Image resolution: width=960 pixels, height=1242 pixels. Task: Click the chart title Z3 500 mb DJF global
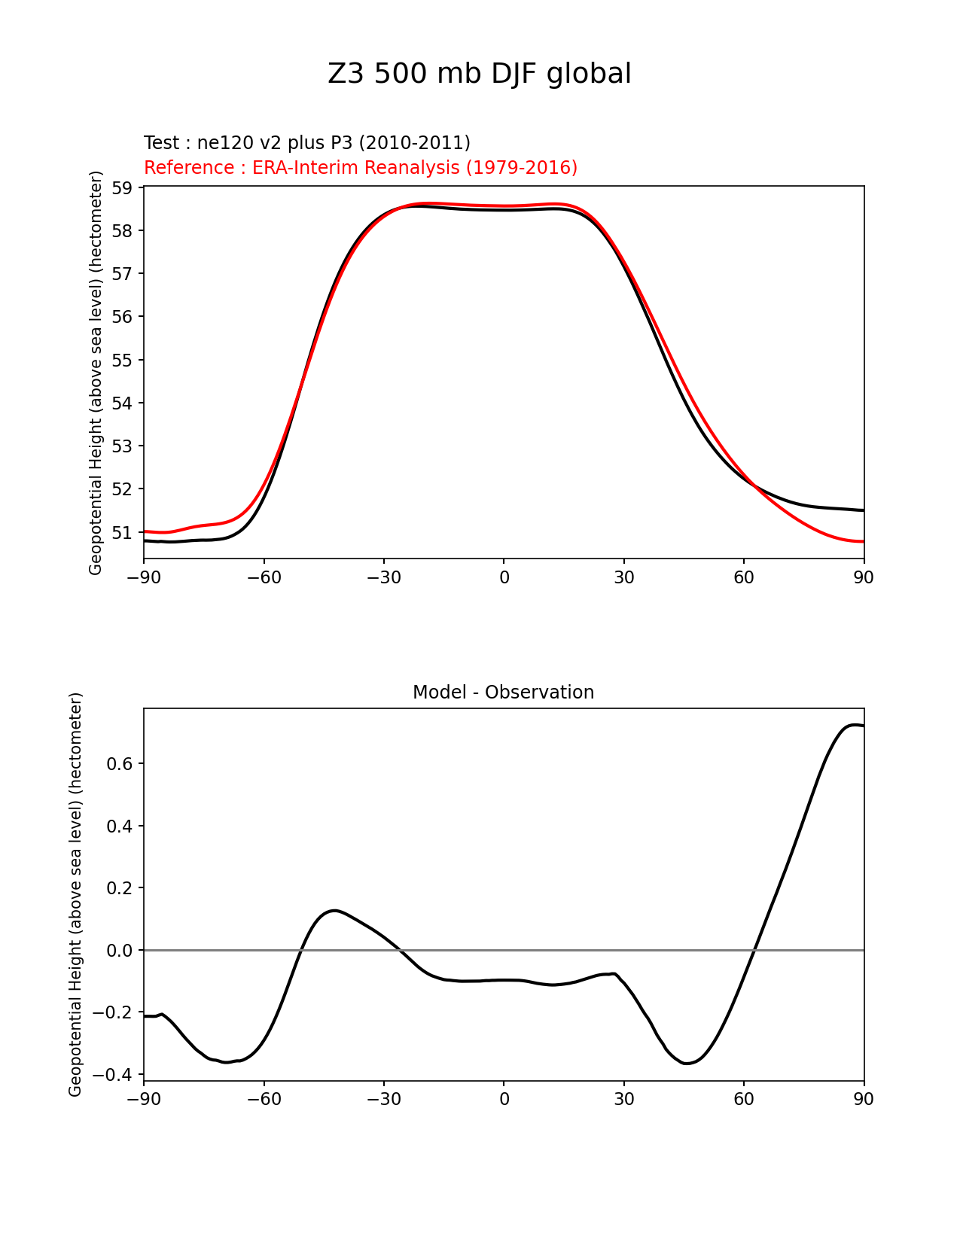479,74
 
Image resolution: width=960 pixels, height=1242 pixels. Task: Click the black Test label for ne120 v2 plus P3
306,143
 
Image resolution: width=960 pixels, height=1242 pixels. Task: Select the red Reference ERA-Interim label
360,168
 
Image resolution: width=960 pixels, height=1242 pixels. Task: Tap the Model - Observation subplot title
503,693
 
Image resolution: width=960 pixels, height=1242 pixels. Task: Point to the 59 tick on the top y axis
123,187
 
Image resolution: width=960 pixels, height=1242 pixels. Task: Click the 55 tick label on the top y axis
123,360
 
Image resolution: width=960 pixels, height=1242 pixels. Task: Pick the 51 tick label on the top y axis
123,533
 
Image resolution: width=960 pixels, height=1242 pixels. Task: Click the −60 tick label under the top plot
264,577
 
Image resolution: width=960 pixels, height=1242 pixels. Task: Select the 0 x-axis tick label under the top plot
504,577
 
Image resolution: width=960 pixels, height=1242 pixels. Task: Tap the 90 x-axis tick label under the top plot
864,577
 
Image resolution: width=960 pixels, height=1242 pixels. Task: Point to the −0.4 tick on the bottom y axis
114,1075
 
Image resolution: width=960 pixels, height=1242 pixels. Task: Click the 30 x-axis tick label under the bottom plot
623,1100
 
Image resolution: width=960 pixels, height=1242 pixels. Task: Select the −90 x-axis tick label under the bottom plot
144,1100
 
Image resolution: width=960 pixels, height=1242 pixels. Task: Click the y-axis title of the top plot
96,373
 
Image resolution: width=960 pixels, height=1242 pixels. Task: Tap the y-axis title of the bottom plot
75,894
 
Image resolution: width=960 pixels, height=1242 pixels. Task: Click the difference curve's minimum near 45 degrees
686,1063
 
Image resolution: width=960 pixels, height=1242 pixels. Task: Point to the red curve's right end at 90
863,541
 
